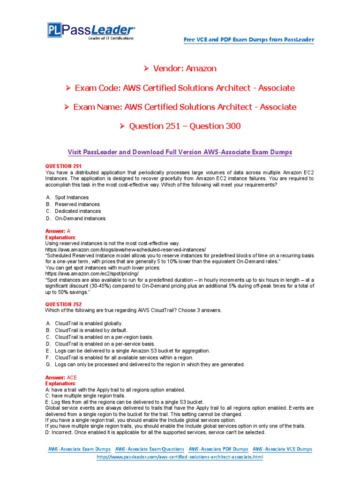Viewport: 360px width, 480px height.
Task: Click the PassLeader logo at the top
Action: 91,31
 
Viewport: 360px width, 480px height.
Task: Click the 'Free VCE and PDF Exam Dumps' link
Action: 248,40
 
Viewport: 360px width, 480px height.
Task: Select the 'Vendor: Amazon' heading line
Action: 180,68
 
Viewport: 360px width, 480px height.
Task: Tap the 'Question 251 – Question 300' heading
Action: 180,126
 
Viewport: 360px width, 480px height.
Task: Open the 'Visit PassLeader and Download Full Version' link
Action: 180,152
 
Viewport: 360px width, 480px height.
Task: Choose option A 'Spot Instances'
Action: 71,198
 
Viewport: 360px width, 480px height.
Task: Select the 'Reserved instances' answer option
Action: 77,204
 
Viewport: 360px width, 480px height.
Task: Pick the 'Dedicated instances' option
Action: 78,211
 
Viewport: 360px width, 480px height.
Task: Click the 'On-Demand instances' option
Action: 80,218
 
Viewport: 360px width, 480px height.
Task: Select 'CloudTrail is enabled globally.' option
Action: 89,323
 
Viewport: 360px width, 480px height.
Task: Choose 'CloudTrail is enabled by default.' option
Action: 91,330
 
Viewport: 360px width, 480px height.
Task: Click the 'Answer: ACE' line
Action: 60,377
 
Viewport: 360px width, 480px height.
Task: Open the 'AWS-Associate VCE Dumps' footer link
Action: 282,449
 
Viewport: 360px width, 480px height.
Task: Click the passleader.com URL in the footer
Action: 180,457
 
